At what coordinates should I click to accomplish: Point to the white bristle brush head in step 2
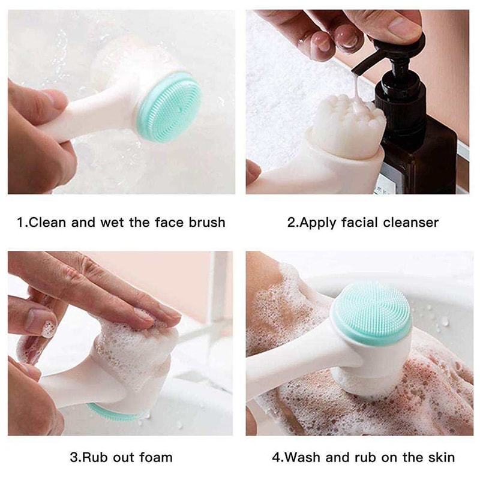tap(348, 126)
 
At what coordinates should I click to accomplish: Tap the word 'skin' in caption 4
tap(439, 457)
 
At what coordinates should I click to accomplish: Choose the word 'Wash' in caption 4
tap(301, 457)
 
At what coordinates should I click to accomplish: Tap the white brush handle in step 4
tap(288, 366)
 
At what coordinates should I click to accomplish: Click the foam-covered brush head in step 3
tap(135, 348)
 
